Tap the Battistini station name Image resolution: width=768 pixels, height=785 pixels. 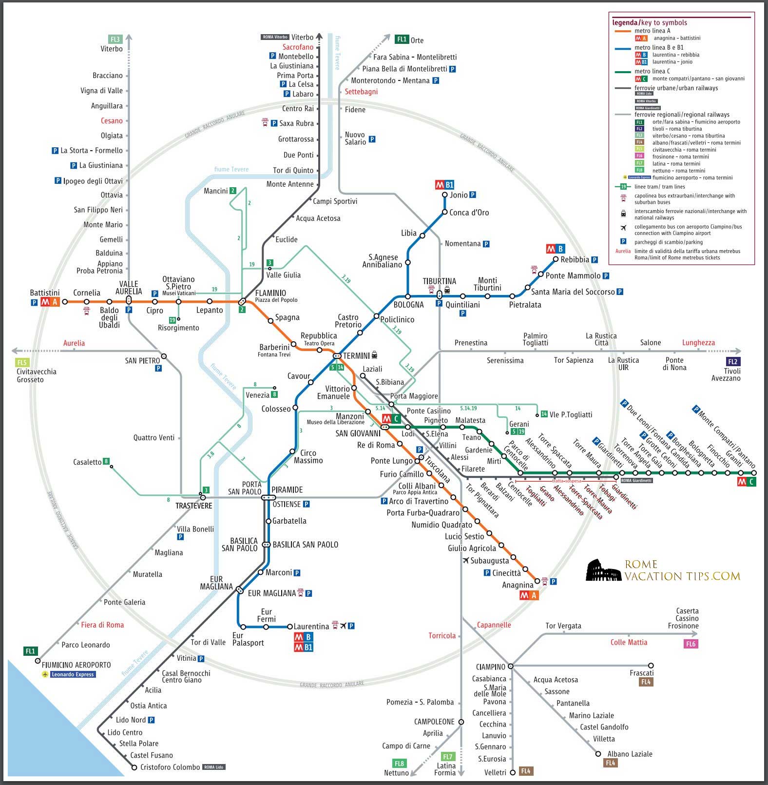click(x=45, y=293)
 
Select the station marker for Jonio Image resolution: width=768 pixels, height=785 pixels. click(x=444, y=195)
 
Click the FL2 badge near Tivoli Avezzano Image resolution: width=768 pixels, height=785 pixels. click(x=732, y=361)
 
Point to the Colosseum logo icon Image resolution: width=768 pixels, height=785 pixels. click(x=603, y=570)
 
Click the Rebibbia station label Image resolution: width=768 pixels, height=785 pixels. click(x=575, y=260)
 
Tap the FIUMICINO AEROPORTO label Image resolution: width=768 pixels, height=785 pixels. click(x=76, y=665)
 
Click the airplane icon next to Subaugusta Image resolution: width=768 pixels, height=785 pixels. click(x=466, y=561)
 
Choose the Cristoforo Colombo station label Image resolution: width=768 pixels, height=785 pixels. click(x=170, y=767)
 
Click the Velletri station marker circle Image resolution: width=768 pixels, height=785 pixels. click(x=512, y=772)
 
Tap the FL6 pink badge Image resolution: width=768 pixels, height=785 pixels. click(x=691, y=644)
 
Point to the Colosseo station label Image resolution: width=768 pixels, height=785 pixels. click(x=276, y=409)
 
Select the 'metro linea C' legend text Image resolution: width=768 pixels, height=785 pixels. click(x=652, y=71)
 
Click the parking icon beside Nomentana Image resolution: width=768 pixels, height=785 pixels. click(x=486, y=244)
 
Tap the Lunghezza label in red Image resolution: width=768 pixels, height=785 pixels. click(x=698, y=343)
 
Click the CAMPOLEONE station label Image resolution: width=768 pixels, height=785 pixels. click(x=434, y=722)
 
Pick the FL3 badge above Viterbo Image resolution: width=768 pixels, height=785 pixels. click(x=115, y=39)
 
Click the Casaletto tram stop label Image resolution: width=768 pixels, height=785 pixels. click(x=87, y=462)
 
